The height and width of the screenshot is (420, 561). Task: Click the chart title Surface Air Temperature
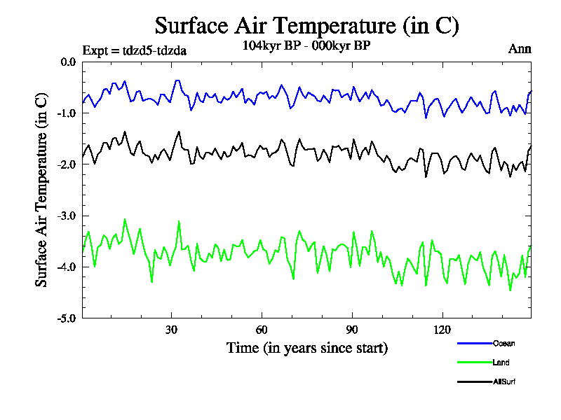coord(307,26)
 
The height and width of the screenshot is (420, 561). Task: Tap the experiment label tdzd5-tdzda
coord(134,50)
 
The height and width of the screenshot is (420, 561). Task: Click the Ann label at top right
coord(520,49)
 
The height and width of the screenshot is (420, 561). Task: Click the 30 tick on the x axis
coord(170,330)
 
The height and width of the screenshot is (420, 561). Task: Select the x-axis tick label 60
coord(261,330)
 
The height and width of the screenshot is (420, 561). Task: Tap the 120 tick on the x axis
coord(442,330)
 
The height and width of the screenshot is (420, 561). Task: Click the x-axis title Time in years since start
coord(306,348)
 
